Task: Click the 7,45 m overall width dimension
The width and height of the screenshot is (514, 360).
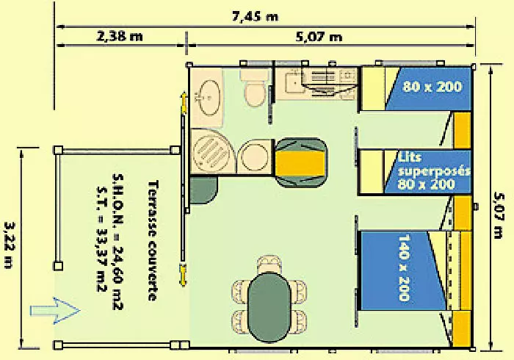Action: pos(255,16)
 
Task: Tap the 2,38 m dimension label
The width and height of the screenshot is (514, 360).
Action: pos(120,36)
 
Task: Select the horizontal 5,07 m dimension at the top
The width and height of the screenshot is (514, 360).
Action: pos(319,37)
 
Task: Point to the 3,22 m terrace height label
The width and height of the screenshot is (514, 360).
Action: pos(9,245)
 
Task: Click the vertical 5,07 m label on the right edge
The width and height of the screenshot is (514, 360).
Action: pos(499,215)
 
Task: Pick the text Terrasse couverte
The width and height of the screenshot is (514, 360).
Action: pos(153,240)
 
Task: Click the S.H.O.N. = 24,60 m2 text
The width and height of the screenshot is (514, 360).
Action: pos(117,241)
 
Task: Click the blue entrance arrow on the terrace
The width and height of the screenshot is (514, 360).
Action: pos(55,311)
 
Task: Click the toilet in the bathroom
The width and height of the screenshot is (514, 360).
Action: pos(255,87)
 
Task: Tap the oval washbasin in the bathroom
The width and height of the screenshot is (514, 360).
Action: pos(209,98)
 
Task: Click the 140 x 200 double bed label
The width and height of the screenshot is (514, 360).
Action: pos(404,267)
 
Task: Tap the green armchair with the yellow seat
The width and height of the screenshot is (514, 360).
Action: pos(300,162)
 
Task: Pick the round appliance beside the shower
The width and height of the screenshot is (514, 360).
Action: pos(255,156)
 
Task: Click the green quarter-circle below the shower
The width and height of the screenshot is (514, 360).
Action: pos(203,190)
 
